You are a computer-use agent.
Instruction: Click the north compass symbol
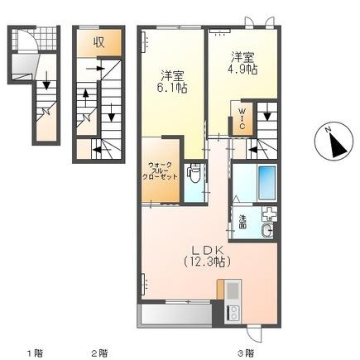[x=334, y=141]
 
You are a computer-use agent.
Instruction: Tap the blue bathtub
[x=266, y=182]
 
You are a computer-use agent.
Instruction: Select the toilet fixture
[x=194, y=173]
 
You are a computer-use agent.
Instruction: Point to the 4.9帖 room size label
[x=242, y=70]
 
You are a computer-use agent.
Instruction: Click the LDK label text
[x=207, y=250]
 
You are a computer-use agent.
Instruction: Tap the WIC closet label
[x=242, y=118]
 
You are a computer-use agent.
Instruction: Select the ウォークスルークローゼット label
[x=160, y=171]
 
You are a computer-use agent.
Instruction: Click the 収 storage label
[x=98, y=42]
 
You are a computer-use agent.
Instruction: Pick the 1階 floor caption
[x=35, y=353]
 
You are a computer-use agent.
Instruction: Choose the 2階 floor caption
[x=99, y=353]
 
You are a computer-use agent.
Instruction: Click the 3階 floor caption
[x=246, y=353]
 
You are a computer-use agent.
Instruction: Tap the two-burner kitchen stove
[x=233, y=313]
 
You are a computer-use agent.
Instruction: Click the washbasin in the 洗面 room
[x=267, y=230]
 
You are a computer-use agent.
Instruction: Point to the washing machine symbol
[x=269, y=214]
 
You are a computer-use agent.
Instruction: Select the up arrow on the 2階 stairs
[x=86, y=98]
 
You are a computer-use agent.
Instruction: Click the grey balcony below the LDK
[x=175, y=314]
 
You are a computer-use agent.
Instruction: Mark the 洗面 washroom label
[x=242, y=222]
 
